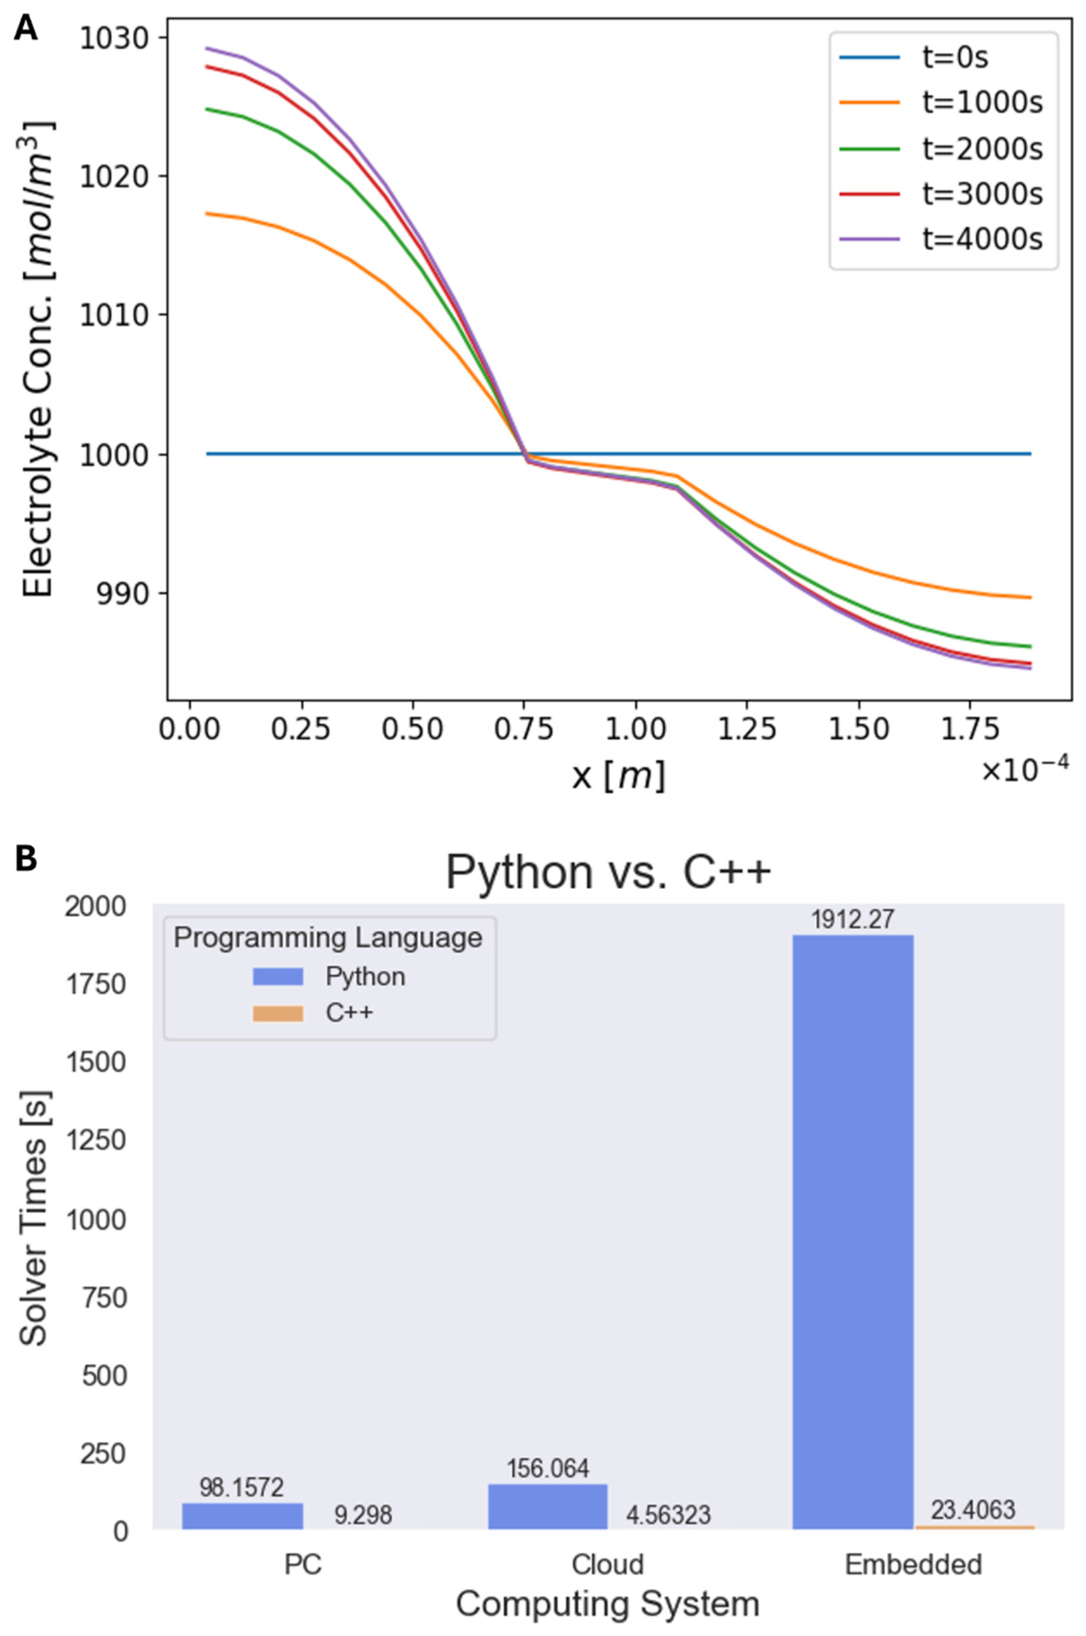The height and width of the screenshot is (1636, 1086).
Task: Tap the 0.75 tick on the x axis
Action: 524,730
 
